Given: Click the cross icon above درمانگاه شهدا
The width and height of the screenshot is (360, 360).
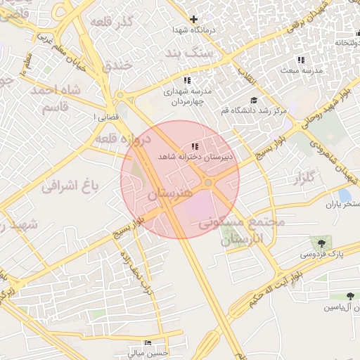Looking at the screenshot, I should pyautogui.click(x=194, y=19).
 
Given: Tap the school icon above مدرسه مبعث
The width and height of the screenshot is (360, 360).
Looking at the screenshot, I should pyautogui.click(x=301, y=60).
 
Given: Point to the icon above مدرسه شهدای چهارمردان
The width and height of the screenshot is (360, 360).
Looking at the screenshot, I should pyautogui.click(x=186, y=80).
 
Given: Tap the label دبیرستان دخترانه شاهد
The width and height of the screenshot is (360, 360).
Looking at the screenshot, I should pyautogui.click(x=199, y=157).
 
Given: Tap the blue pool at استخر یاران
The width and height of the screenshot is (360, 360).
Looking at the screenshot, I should pyautogui.click(x=345, y=195).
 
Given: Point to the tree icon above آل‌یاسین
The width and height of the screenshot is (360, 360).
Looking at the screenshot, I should pyautogui.click(x=350, y=297).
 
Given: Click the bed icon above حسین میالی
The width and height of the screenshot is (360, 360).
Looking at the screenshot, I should pyautogui.click(x=147, y=342).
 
